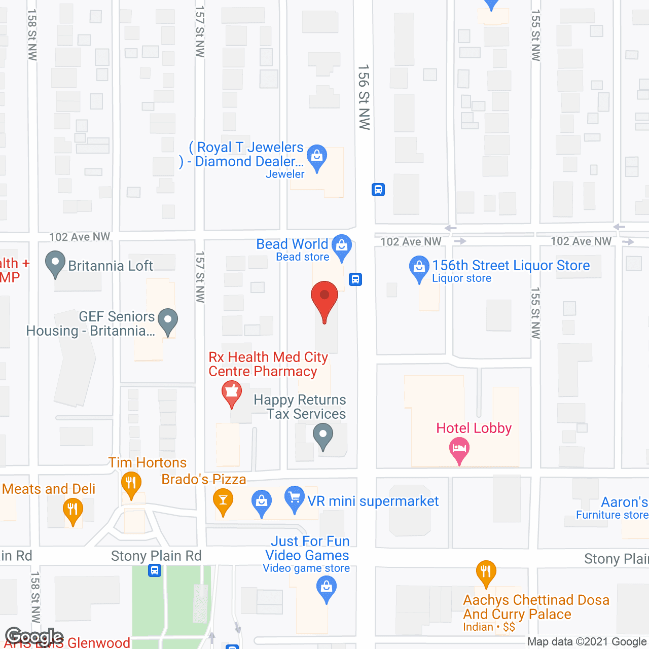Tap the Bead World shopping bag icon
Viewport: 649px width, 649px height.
(x=342, y=245)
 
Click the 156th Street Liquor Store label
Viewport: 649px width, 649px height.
(x=511, y=265)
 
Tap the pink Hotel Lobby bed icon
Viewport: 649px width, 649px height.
(x=459, y=449)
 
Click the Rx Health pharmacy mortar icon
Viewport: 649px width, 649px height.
(x=232, y=392)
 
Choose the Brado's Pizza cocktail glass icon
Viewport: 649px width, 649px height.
(x=223, y=500)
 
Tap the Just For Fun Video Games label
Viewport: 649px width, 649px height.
(x=307, y=549)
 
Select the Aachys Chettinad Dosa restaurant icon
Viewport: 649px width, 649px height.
(x=486, y=571)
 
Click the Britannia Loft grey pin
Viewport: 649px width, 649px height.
(x=55, y=263)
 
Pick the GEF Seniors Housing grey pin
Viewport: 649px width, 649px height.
(x=168, y=320)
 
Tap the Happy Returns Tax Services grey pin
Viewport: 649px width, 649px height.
(x=322, y=435)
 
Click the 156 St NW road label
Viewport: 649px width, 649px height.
(x=364, y=97)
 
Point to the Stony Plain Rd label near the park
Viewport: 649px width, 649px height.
(x=156, y=556)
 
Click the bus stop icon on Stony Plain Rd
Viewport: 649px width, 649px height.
(x=155, y=570)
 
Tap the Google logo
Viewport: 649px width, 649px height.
(x=34, y=637)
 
